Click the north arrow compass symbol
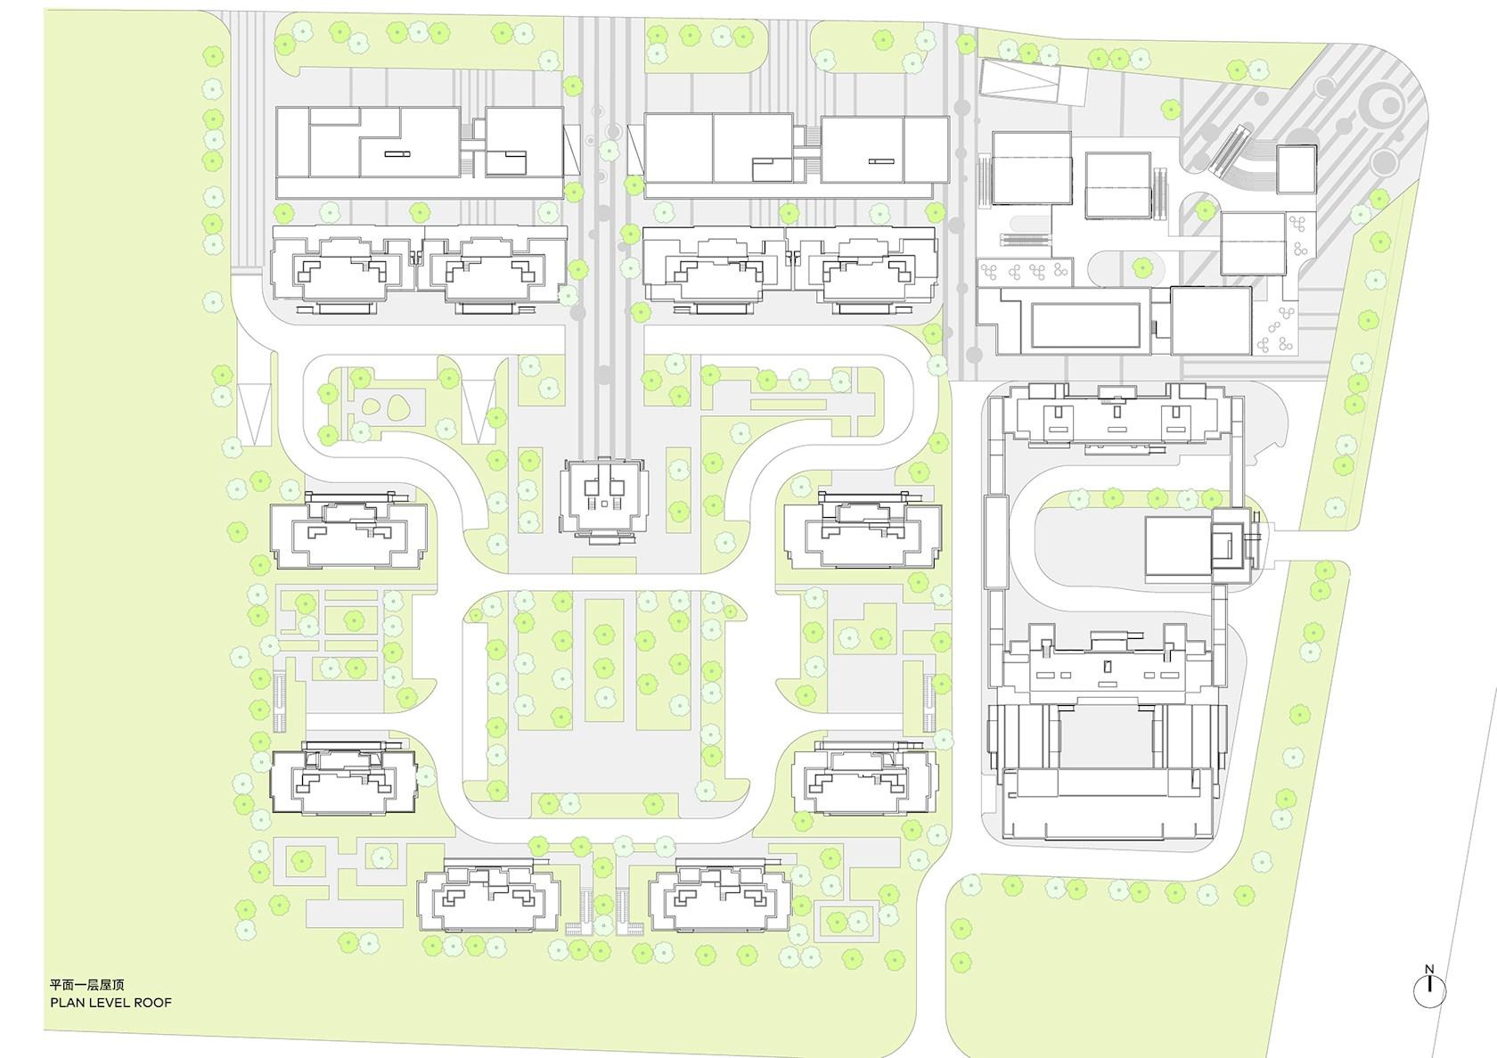[x=1429, y=990]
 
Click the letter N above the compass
[x=1429, y=969]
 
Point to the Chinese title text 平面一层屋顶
[x=87, y=985]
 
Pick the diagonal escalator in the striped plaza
[x=1228, y=151]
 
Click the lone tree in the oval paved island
[x=1142, y=268]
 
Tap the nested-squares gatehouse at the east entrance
[x=1231, y=545]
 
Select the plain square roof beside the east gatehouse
[x=1179, y=545]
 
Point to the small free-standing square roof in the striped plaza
[x=1297, y=169]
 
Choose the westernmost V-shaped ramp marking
[x=254, y=413]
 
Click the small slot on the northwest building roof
[x=397, y=154]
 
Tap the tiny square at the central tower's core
[x=604, y=504]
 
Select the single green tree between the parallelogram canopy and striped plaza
[x=1170, y=108]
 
